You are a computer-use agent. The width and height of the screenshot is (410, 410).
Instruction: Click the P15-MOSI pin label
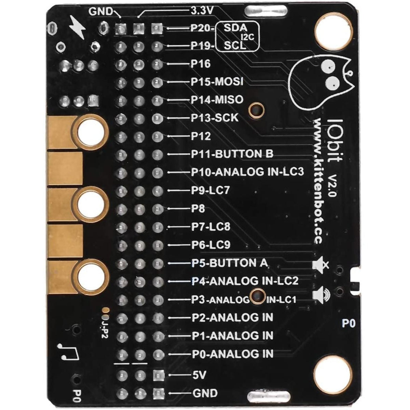(217, 82)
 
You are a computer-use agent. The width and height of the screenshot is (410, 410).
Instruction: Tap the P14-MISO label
(217, 99)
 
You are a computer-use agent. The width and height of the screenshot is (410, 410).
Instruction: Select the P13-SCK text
(215, 118)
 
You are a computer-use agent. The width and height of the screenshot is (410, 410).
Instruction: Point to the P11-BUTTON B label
(232, 154)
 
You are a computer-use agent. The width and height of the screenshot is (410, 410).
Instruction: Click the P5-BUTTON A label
(230, 263)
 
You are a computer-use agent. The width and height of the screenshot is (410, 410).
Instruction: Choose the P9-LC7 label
(210, 190)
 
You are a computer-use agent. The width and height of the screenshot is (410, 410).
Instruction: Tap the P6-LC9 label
(211, 245)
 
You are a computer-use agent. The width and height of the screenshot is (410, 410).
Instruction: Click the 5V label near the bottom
(199, 375)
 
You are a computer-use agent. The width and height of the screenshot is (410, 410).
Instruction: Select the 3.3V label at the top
(202, 11)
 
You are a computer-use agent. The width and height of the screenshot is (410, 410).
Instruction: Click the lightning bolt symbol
(78, 28)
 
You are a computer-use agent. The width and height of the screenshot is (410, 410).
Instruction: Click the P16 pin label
(201, 64)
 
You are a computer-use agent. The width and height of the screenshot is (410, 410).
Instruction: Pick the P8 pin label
(198, 208)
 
